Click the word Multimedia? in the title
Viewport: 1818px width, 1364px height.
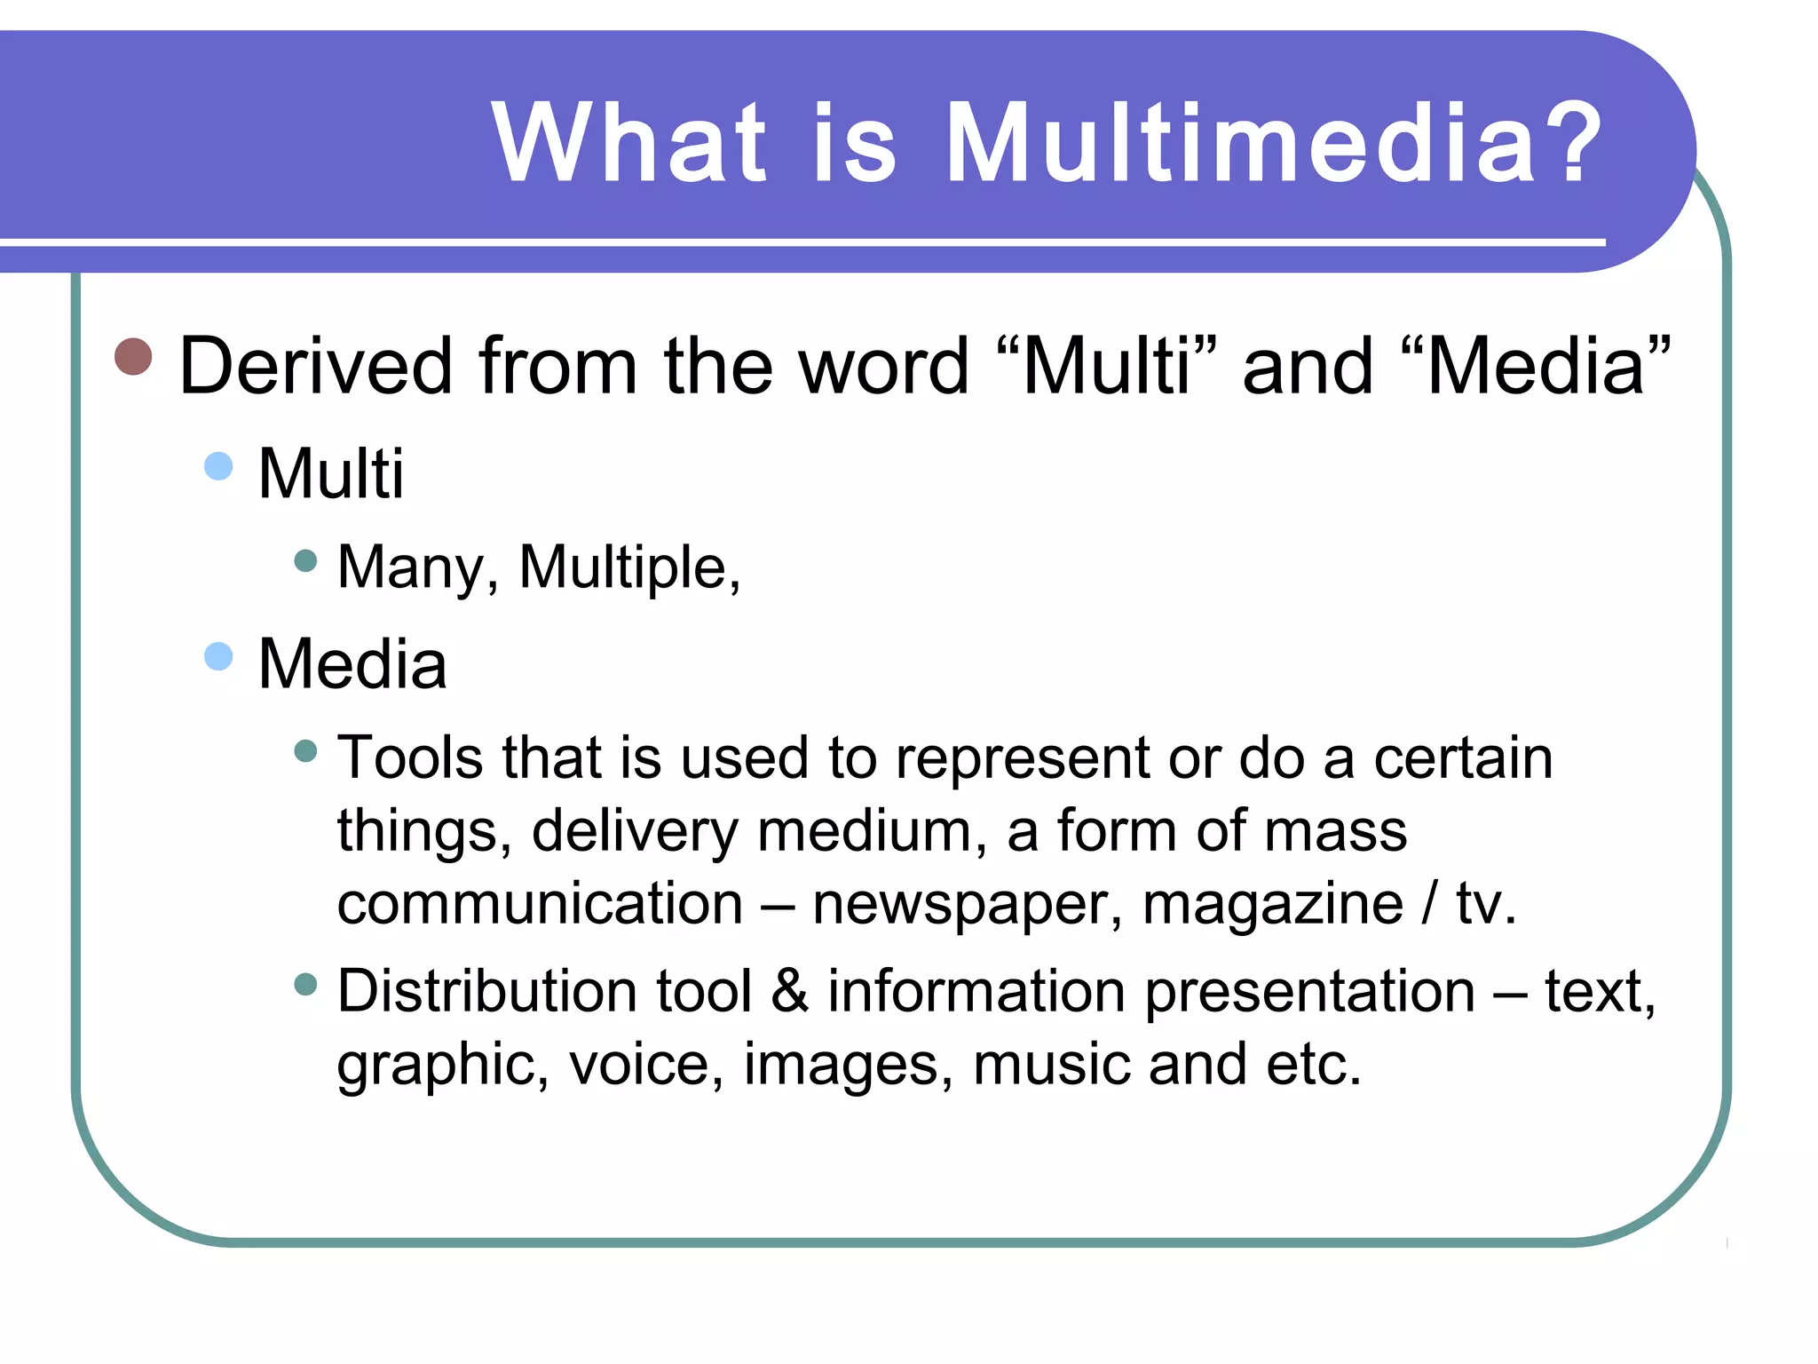tap(1273, 144)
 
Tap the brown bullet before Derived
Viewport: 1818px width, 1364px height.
tap(134, 357)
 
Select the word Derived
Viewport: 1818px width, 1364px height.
tap(316, 366)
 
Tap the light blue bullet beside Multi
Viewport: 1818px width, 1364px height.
tap(218, 465)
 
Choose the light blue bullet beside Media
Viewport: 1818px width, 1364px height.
tap(218, 657)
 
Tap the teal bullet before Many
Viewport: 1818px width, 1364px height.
tap(305, 560)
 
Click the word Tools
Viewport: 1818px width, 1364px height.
tap(410, 758)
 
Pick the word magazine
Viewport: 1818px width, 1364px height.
tap(1272, 906)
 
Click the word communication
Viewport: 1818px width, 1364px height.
tap(540, 904)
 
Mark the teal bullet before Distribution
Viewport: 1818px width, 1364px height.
tap(305, 984)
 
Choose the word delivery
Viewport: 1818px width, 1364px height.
tap(634, 832)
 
